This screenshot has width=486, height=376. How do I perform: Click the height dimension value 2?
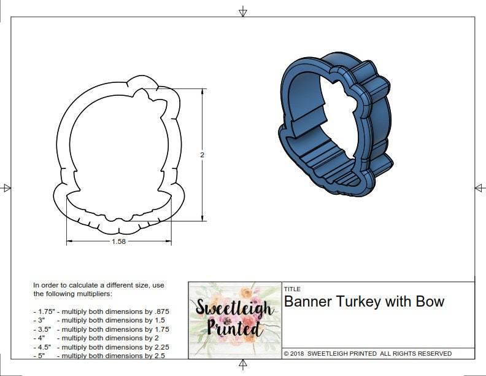click(202, 155)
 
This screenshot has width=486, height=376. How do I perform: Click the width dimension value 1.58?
click(118, 241)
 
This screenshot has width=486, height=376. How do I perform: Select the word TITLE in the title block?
click(292, 289)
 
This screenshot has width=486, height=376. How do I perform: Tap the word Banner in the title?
click(308, 302)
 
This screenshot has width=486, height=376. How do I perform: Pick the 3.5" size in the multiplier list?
click(42, 329)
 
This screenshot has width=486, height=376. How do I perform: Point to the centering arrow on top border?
click(243, 10)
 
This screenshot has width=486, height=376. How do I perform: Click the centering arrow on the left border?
click(6, 187)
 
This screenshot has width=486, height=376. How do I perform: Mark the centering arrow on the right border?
click(480, 187)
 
